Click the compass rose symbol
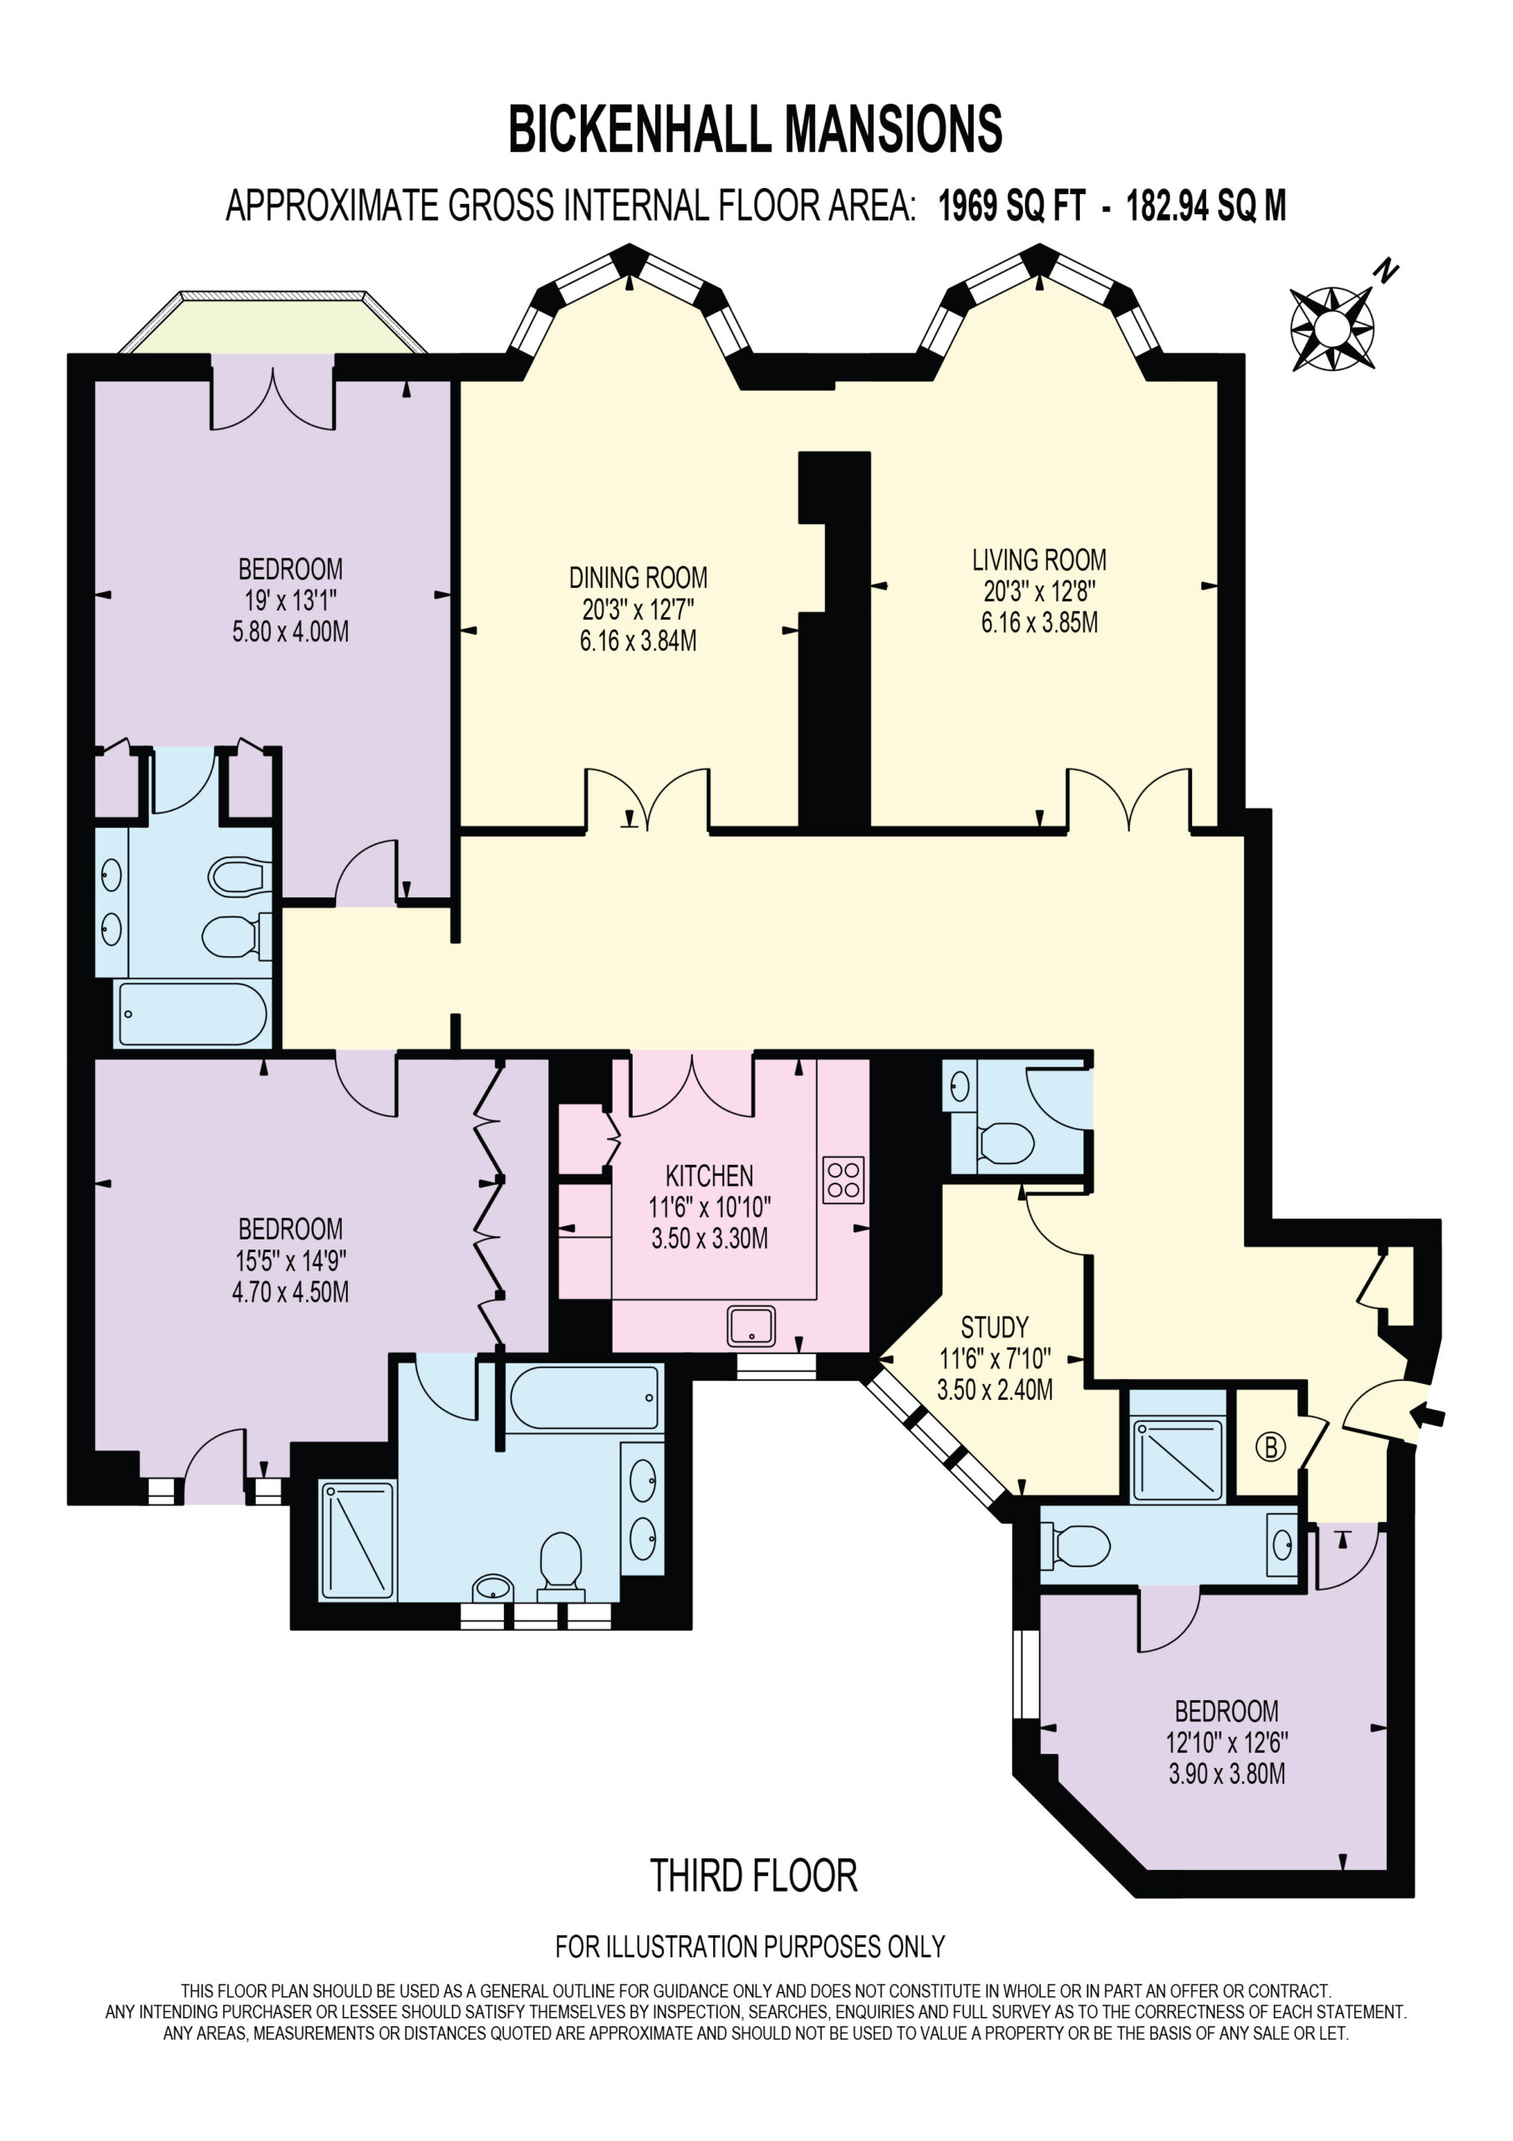click(1332, 328)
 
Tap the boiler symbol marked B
click(1270, 1446)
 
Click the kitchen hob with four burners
click(843, 1179)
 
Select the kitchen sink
click(751, 1327)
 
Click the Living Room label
click(1039, 560)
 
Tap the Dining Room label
click(639, 578)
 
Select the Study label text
click(995, 1327)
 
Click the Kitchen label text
click(710, 1176)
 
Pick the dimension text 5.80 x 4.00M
click(291, 632)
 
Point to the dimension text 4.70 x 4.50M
click(291, 1292)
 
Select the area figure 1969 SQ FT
click(1011, 206)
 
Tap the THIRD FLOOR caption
click(753, 1875)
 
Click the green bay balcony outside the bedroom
click(273, 323)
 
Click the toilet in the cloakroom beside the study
click(1005, 1142)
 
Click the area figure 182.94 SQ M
click(1205, 206)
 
